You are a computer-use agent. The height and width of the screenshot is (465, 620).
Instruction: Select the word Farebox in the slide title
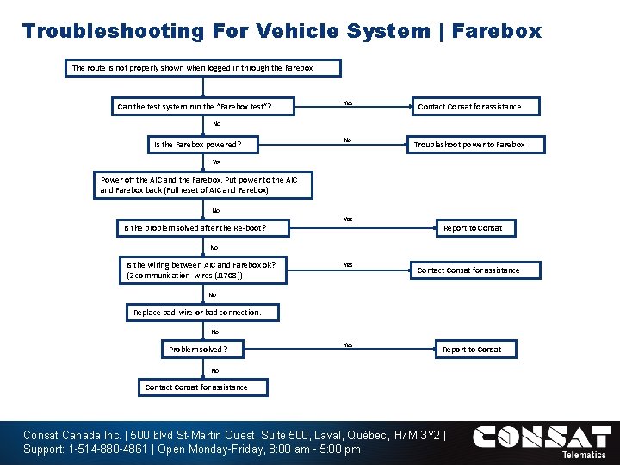497,32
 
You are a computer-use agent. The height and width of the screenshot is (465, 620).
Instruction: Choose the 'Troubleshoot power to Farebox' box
468,145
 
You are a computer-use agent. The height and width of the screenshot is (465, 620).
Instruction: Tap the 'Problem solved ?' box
204,350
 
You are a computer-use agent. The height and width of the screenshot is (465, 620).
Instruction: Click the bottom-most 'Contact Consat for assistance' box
195,387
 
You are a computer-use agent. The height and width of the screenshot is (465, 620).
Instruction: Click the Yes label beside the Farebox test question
348,102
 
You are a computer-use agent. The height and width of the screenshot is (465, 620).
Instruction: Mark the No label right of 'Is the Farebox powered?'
348,139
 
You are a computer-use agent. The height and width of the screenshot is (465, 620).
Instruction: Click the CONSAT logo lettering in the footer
542,437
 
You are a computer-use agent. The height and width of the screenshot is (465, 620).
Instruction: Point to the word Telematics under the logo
583,455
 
